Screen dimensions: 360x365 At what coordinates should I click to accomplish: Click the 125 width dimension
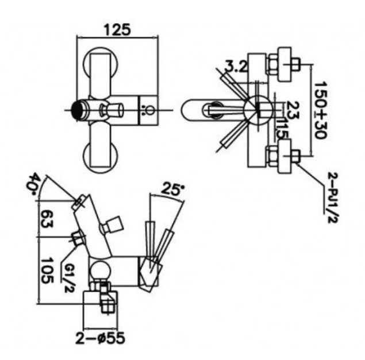117,28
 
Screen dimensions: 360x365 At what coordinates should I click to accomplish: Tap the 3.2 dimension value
236,67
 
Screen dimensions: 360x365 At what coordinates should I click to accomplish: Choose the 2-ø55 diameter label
101,336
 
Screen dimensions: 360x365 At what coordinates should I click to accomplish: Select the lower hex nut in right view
285,158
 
